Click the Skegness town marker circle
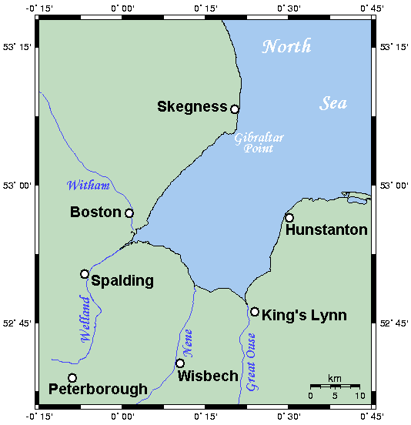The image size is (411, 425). point(235,109)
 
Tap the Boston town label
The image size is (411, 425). point(95,212)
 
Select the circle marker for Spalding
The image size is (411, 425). point(85,274)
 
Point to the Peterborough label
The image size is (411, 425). point(97,390)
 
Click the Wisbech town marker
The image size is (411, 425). point(180,363)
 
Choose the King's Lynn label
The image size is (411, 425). point(304,315)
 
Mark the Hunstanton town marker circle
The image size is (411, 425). point(289,218)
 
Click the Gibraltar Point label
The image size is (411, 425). point(259,142)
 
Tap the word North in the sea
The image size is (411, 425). point(287,46)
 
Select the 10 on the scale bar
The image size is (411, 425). point(358,396)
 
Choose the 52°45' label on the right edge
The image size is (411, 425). point(395,324)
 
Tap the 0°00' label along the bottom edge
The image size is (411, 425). point(123,417)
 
